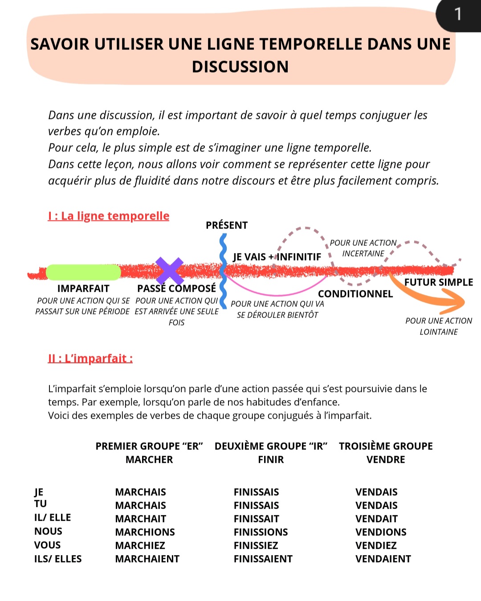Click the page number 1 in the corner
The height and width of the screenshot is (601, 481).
coord(458,15)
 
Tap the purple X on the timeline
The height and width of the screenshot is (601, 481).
coord(170,270)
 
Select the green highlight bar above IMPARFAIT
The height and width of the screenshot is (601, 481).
coord(83,272)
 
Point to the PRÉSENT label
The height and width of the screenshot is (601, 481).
coord(227,225)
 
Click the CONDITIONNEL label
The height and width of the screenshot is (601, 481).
coord(355,294)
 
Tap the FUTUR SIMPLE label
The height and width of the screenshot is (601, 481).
coord(439,282)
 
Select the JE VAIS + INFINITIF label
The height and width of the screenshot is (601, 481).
coord(277,257)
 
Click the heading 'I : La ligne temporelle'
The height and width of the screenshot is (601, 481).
coord(109,216)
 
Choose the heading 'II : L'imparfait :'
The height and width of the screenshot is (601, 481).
coord(90,359)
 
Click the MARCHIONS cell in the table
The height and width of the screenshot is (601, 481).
coord(145,532)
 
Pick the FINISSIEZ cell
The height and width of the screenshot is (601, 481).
coord(256,545)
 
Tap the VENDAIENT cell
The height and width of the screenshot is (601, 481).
coord(383,559)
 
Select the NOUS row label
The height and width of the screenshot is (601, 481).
coord(48,531)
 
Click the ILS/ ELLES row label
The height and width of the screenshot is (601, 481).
coord(58,559)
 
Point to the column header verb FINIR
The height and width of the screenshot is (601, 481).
coord(271,459)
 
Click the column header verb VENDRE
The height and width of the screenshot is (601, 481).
coord(386,459)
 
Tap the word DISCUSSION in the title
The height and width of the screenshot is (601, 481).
coord(240,67)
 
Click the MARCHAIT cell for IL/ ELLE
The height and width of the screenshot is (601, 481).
coord(140,519)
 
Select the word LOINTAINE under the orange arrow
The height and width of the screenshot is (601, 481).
coord(439,332)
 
